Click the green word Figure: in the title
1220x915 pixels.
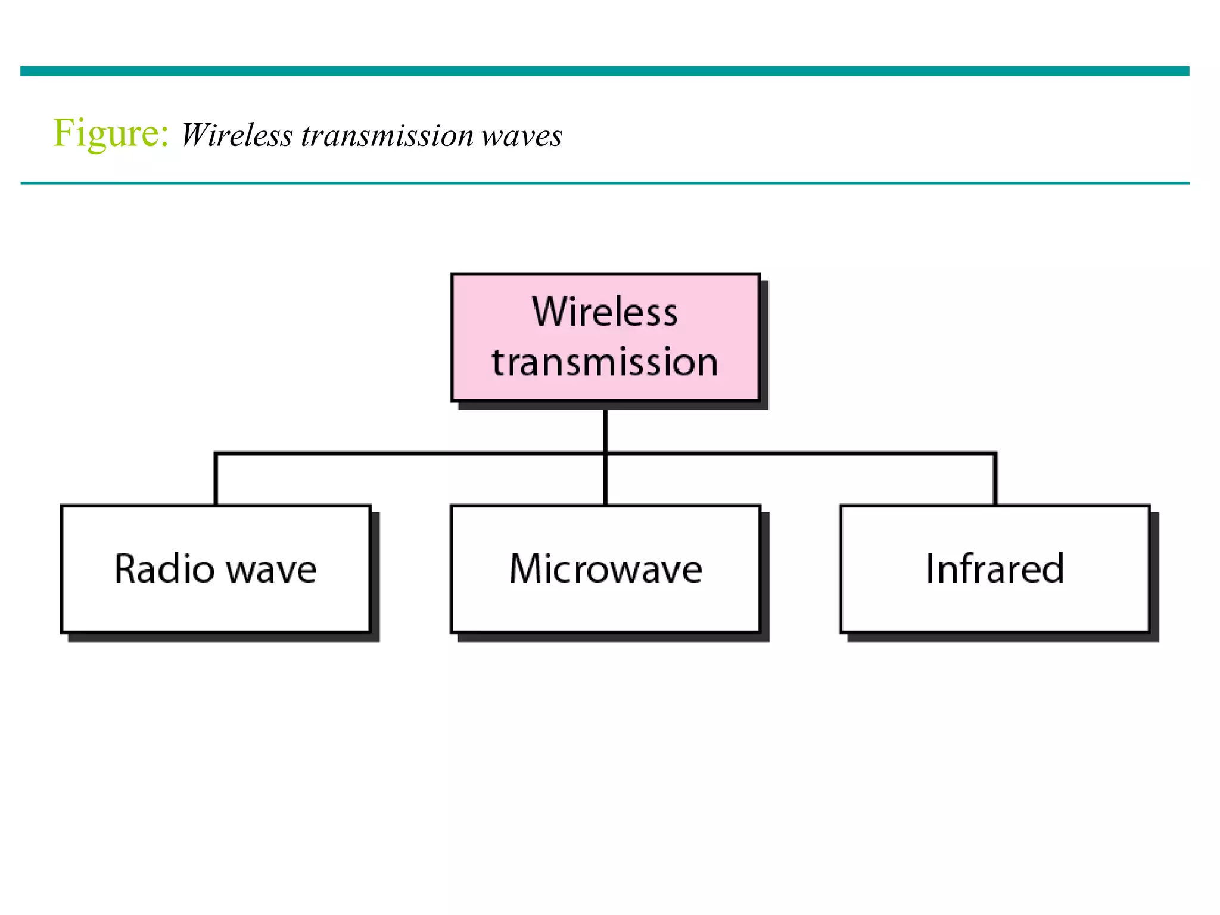click(111, 133)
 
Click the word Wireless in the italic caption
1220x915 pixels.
click(236, 135)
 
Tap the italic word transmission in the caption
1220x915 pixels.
click(387, 135)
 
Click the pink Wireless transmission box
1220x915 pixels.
click(605, 337)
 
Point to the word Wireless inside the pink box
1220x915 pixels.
click(605, 312)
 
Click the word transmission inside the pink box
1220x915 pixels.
click(605, 362)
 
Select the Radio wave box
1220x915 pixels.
click(216, 569)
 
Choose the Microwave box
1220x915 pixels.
click(605, 569)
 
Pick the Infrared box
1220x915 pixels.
click(995, 569)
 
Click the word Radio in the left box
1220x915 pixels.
click(164, 569)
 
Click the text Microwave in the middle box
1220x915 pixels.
click(606, 569)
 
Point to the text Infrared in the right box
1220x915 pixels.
click(995, 569)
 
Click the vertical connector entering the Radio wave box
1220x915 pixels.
click(216, 480)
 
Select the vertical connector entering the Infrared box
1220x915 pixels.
click(995, 480)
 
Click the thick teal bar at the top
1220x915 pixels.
click(605, 71)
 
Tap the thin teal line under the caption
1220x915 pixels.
click(605, 183)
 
